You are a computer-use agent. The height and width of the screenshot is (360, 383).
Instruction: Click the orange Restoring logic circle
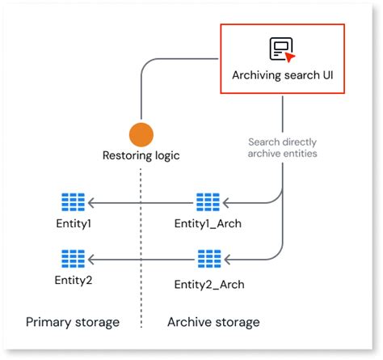(141, 134)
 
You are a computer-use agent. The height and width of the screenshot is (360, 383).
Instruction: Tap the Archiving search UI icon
(281, 50)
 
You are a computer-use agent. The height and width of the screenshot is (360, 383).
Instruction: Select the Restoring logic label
(141, 155)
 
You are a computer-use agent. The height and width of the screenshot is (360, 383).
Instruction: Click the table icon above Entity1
(74, 202)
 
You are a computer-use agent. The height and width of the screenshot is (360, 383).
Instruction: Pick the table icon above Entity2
(74, 259)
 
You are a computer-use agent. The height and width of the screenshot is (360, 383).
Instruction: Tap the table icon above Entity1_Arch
(208, 202)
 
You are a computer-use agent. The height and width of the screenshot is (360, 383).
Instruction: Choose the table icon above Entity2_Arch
(208, 259)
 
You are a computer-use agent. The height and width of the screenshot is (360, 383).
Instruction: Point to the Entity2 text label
(73, 280)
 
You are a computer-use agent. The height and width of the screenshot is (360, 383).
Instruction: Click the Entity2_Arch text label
(208, 284)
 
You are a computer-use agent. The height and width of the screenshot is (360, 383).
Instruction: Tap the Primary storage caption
(73, 322)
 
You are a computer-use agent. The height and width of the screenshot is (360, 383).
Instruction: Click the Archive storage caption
(213, 322)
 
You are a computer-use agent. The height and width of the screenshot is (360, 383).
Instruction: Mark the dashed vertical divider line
(141, 243)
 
